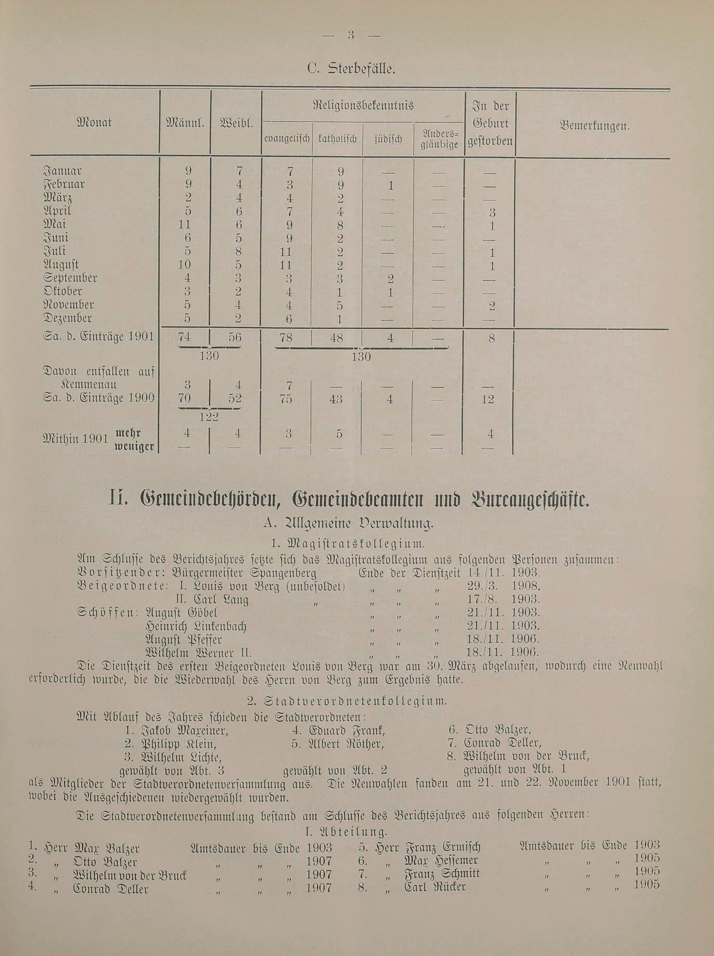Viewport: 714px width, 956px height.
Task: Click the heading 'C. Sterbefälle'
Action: [x=351, y=70]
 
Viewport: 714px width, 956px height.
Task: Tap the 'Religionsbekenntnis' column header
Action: [x=363, y=105]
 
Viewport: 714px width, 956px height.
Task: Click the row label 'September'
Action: [x=70, y=278]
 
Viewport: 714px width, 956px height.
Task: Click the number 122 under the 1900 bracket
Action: [x=209, y=418]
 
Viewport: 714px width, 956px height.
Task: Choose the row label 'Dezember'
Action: [x=68, y=318]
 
